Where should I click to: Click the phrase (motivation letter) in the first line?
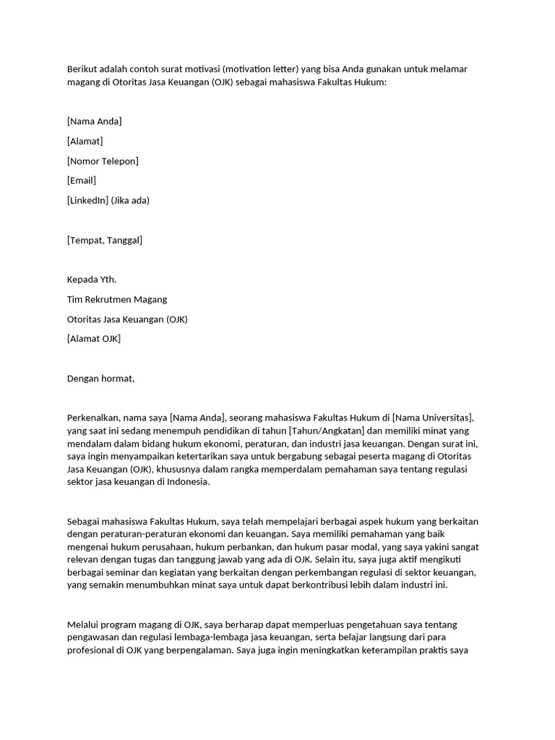(x=260, y=69)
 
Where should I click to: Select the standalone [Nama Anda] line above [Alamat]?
(x=94, y=121)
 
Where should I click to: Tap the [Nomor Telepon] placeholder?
(x=102, y=160)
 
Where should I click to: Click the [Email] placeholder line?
(x=81, y=180)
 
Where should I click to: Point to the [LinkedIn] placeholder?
(x=88, y=200)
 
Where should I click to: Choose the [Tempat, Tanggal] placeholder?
(x=104, y=240)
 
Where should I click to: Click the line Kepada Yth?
(x=91, y=280)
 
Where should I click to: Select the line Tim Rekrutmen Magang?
(x=116, y=299)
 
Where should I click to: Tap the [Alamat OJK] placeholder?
(x=93, y=338)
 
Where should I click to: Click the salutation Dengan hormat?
(x=100, y=378)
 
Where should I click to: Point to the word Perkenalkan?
(x=92, y=418)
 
